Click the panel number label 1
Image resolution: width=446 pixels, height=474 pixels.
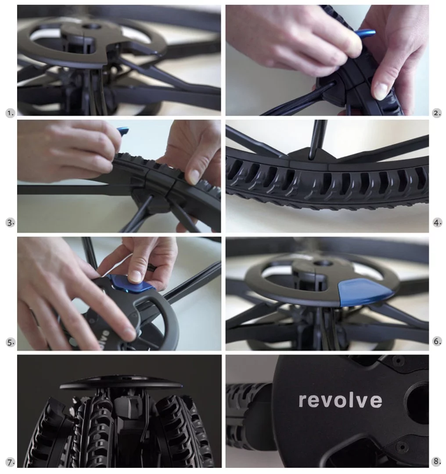point(10,113)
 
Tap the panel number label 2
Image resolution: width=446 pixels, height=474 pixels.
point(436,113)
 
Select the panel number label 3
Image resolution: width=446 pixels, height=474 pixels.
point(10,223)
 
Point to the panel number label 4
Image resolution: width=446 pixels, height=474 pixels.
point(437,223)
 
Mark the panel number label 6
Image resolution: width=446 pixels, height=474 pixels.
point(437,341)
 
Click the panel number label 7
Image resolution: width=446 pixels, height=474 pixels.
point(10,462)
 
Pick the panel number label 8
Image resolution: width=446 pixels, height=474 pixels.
point(437,461)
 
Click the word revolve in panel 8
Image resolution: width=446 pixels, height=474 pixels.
point(340,400)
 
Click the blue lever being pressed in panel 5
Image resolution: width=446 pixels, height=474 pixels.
point(127,284)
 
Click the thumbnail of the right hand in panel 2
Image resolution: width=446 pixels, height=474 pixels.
point(381,91)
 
